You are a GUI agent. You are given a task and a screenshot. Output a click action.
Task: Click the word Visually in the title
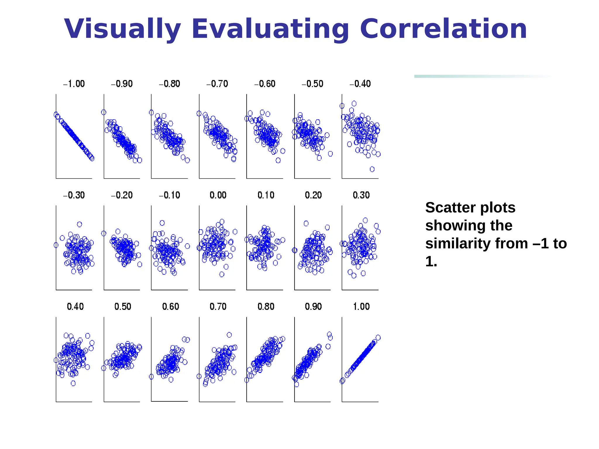pos(122,29)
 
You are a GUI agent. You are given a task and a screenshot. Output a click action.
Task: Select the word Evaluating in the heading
pos(270,29)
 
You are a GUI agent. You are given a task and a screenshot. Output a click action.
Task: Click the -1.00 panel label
pos(74,84)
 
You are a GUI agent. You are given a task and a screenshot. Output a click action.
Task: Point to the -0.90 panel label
pos(122,84)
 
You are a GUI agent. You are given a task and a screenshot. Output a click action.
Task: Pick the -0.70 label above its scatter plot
pos(217,84)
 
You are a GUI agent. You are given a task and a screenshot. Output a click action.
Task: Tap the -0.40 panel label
pos(360,84)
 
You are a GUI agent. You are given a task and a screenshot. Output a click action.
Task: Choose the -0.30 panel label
pos(74,195)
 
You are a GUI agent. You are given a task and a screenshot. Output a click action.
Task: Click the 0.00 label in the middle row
pos(218,195)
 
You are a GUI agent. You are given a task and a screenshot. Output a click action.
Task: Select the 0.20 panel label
pos(313,195)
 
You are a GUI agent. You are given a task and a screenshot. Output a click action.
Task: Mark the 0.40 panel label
pos(75,307)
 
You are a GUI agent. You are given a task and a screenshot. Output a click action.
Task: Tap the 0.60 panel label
pos(171,307)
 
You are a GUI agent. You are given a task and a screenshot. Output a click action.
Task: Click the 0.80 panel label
pos(266,307)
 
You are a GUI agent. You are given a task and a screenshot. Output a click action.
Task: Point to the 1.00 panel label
pos(361,307)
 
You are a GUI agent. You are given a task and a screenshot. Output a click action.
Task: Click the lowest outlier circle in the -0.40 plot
pos(372,169)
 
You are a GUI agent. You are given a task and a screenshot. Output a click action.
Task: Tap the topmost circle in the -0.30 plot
pos(80,224)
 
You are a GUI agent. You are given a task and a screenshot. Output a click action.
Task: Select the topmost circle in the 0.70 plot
pos(229,335)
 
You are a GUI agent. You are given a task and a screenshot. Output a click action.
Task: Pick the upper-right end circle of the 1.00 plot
pos(378,338)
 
